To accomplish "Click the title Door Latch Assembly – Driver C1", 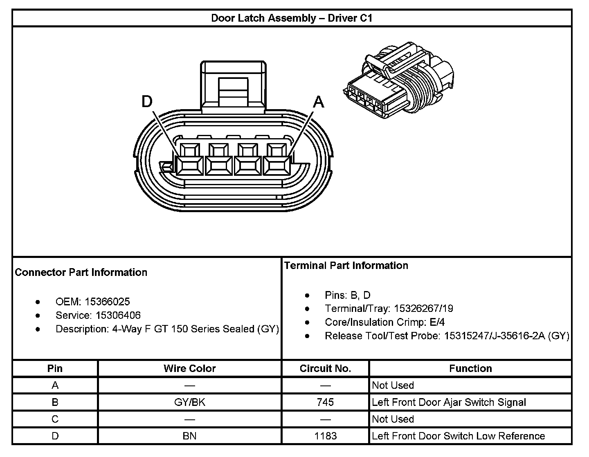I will [x=292, y=18].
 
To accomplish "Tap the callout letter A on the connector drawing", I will [x=319, y=102].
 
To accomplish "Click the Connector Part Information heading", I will [x=81, y=273].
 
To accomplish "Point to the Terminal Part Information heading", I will [x=346, y=266].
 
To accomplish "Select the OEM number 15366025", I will [x=107, y=302].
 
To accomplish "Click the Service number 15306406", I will [x=118, y=315].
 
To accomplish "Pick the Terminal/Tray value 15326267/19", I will [x=423, y=309].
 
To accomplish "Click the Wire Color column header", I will [x=189, y=368].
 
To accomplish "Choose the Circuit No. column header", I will [x=325, y=368].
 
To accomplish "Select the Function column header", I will [x=470, y=368].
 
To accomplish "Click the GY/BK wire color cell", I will [x=189, y=402].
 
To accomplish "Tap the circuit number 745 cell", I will [x=325, y=402].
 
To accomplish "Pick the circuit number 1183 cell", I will [x=325, y=436].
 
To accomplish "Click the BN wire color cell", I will [x=189, y=436].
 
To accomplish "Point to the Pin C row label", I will [x=55, y=419].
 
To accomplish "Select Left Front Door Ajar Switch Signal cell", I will [x=449, y=402].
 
